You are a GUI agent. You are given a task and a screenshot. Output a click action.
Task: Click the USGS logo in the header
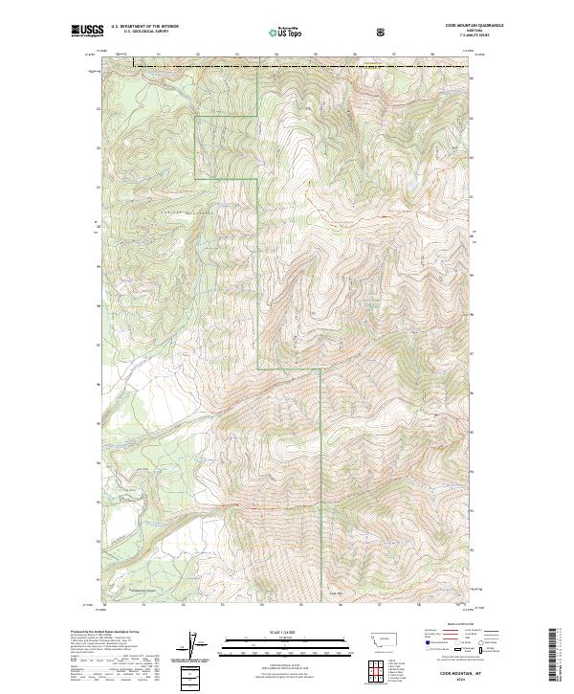tap(87, 32)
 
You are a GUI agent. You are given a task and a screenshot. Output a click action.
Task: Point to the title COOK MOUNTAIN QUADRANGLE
tap(448, 27)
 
